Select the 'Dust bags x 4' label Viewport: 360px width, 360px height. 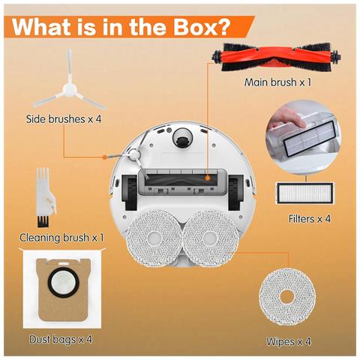61,339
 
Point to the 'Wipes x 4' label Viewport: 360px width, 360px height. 288,342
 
